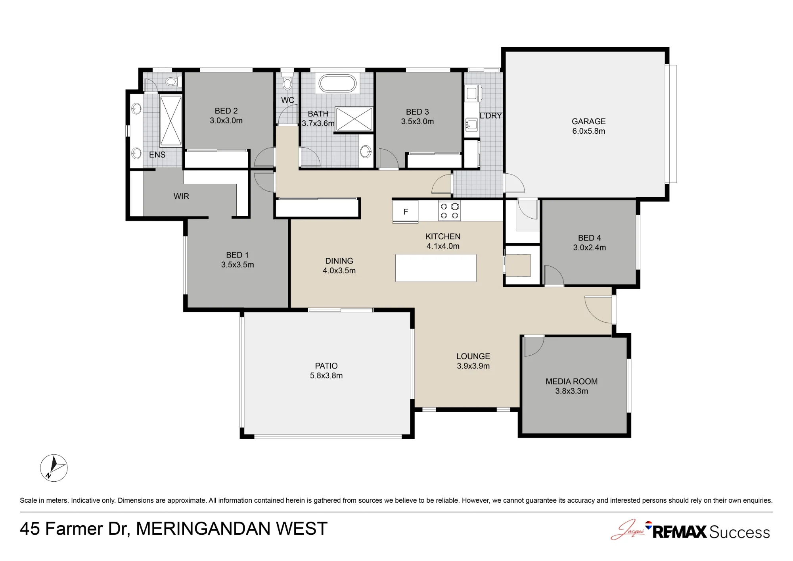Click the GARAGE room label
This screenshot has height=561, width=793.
tap(588, 121)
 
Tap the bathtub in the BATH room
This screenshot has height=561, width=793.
tap(337, 84)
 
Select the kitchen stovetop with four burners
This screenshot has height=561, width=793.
tap(449, 211)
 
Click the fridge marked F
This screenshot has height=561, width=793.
tap(405, 211)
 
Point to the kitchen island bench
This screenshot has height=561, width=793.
tap(436, 268)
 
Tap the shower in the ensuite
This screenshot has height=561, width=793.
tap(171, 121)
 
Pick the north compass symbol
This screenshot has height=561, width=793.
tap(54, 468)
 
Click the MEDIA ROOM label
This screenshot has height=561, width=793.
tap(571, 381)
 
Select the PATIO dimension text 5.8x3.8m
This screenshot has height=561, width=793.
tap(326, 376)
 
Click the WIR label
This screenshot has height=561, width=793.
tap(181, 196)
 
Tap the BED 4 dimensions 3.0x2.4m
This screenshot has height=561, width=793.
tap(590, 248)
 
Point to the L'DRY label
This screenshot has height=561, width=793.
tap(491, 115)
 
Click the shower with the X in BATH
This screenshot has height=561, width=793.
tap(354, 119)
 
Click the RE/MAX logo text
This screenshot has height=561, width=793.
tap(679, 532)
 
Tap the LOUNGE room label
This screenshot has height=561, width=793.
tap(473, 356)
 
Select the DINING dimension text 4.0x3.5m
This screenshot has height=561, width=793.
tap(339, 271)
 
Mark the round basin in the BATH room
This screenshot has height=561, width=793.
tap(366, 151)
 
